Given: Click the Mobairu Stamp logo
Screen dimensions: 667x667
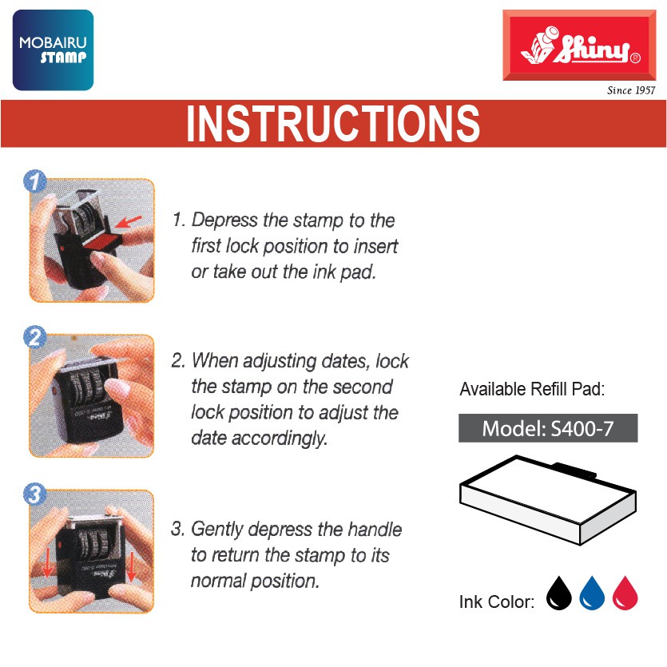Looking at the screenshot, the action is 54,50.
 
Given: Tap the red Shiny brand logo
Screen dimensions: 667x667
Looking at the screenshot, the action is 579,45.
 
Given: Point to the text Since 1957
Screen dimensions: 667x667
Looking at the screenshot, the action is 631,90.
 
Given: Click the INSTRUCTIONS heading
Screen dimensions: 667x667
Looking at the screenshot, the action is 333,123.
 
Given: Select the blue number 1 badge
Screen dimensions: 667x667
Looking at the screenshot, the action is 35,181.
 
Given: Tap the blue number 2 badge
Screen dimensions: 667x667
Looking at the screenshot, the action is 35,337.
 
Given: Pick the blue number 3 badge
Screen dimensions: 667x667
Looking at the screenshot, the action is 35,494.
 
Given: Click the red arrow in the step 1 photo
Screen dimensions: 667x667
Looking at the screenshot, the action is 129,221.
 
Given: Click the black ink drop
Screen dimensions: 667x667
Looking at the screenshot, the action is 558,593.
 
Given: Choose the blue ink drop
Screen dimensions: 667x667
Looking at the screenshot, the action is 592,593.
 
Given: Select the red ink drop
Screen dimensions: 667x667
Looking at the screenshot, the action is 625,593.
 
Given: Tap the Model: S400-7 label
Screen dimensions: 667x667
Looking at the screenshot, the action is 548,428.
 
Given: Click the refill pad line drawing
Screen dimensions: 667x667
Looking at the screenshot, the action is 548,500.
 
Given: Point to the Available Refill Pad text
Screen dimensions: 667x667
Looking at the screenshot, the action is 532,389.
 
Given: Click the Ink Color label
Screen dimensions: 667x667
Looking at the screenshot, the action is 496,602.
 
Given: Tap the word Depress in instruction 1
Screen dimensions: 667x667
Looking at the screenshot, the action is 224,220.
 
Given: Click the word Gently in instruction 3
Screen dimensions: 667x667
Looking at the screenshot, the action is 217,530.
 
